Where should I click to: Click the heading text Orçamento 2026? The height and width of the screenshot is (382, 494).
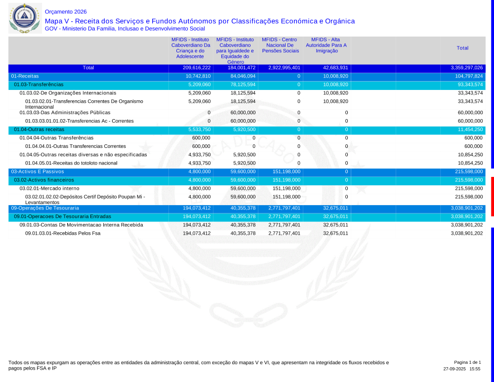pyautogui.click(x=66, y=12)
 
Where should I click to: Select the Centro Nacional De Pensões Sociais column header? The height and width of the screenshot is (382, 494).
pyautogui.click(x=280, y=45)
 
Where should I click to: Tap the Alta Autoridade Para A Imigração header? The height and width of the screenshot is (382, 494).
pyautogui.click(x=326, y=45)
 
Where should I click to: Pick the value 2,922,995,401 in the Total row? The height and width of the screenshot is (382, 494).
pyautogui.click(x=284, y=68)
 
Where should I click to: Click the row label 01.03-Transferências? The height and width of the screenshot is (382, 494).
pyautogui.click(x=39, y=85)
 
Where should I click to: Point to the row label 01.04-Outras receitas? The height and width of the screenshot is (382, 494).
pyautogui.click(x=39, y=129)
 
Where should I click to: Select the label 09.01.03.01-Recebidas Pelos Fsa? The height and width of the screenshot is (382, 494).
pyautogui.click(x=63, y=233)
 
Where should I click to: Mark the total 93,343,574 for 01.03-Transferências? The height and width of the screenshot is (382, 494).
pyautogui.click(x=469, y=85)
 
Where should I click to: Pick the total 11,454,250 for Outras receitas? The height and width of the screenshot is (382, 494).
pyautogui.click(x=469, y=129)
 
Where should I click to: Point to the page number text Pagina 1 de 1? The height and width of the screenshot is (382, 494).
pyautogui.click(x=467, y=362)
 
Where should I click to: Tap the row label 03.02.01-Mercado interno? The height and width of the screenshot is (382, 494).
pyautogui.click(x=49, y=188)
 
